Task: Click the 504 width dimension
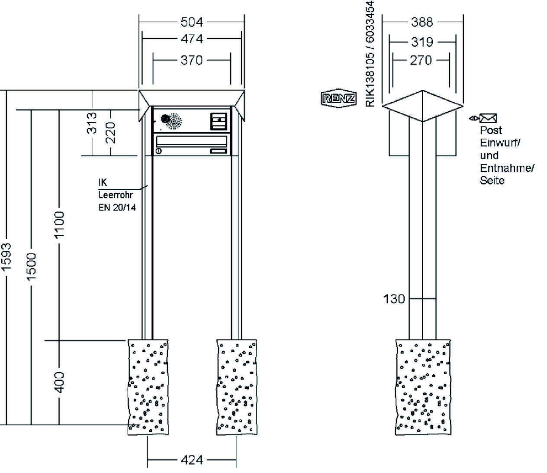(191, 22)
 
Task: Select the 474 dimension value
(191, 39)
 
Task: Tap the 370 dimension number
(191, 60)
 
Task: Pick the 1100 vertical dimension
(59, 224)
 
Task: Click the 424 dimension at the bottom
(191, 460)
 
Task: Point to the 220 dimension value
(111, 133)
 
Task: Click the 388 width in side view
(422, 22)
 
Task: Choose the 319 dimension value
(422, 42)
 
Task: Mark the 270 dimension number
(421, 60)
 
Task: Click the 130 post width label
(394, 298)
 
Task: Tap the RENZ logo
(338, 98)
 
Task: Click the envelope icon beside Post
(488, 118)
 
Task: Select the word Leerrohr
(116, 195)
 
